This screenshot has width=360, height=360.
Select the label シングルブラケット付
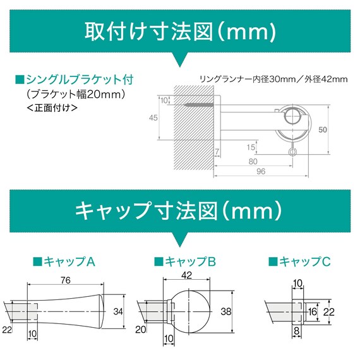click(x=75, y=81)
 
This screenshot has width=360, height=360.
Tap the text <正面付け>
click(x=53, y=108)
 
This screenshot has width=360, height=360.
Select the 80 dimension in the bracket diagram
click(x=252, y=160)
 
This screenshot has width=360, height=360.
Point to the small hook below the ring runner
click(x=292, y=151)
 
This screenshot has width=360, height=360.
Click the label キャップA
click(x=63, y=261)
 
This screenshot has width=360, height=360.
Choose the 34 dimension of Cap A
click(x=117, y=310)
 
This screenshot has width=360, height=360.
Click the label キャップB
click(x=186, y=261)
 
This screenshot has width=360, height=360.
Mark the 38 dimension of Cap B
click(x=227, y=310)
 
